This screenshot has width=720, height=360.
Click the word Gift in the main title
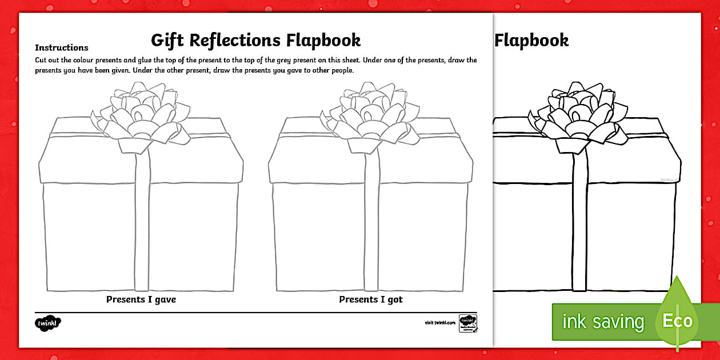pos(169,41)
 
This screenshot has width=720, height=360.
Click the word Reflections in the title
pos(235,41)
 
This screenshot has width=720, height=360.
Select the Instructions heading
pos(62,48)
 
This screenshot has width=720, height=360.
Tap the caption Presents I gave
pos(141,299)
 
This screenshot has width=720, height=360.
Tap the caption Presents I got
pos(371,299)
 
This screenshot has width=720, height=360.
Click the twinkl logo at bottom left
pos(47,323)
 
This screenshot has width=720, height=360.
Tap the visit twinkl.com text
pos(440,323)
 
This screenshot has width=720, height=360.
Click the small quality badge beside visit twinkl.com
pos(468,323)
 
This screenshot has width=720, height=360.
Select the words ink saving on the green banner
pos(603,322)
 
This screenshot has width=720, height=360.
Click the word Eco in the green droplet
pos(677,321)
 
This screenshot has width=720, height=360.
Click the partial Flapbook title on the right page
pos(531,41)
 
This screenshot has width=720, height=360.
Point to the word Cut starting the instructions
pos(41,60)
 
